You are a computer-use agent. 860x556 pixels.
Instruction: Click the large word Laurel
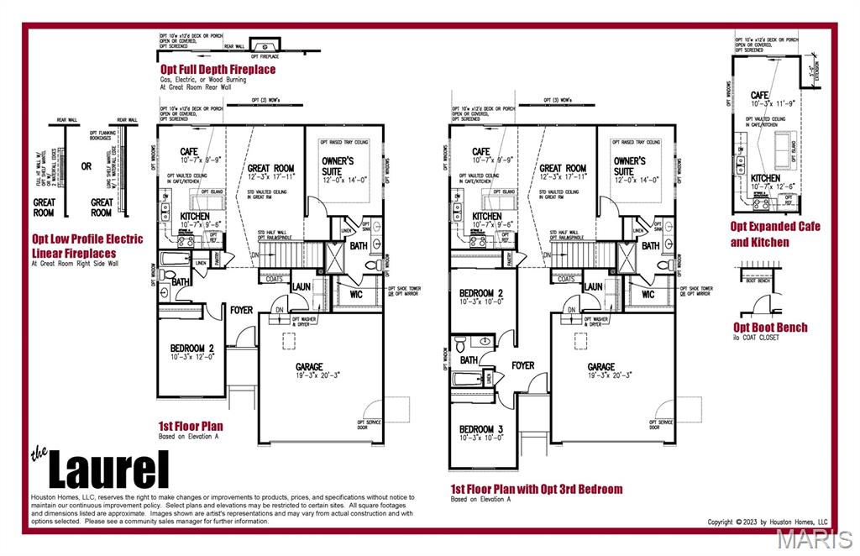(108, 469)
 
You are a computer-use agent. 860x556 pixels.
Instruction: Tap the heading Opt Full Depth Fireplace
(218, 69)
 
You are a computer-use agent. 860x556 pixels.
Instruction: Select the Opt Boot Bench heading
(770, 328)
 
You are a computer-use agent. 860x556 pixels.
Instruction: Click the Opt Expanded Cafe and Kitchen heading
(775, 234)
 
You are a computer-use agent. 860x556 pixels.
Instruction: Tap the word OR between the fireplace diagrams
(87, 166)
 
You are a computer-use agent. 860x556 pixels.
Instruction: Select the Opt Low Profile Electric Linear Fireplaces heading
(87, 245)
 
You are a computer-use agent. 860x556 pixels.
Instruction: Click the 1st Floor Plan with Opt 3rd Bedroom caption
(537, 489)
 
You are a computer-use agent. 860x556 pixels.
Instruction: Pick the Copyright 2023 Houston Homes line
(768, 522)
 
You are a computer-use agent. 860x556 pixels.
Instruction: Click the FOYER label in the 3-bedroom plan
(523, 365)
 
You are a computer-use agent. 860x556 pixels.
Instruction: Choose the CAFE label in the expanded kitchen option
(760, 96)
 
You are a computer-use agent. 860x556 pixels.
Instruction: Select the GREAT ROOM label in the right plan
(563, 168)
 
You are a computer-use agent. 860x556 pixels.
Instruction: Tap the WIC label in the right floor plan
(648, 295)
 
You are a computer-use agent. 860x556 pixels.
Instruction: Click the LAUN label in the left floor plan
(302, 286)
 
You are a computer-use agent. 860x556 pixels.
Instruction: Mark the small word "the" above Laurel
(39, 455)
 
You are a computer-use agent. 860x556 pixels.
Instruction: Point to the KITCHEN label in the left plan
(195, 216)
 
